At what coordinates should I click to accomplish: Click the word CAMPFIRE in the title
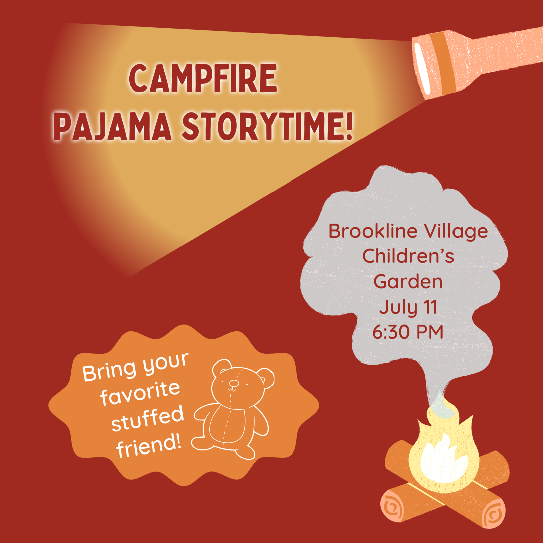pyautogui.click(x=203, y=78)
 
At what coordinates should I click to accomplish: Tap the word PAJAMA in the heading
pyautogui.click(x=113, y=126)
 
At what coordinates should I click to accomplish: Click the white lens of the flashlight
pyautogui.click(x=422, y=68)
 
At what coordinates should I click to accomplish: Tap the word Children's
pyautogui.click(x=408, y=256)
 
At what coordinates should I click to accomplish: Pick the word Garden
pyautogui.click(x=408, y=281)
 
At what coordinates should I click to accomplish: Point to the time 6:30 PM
pyautogui.click(x=408, y=332)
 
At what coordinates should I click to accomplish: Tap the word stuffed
pyautogui.click(x=147, y=419)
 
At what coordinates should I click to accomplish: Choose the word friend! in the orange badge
pyautogui.click(x=149, y=446)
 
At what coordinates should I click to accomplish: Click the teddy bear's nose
pyautogui.click(x=234, y=383)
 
